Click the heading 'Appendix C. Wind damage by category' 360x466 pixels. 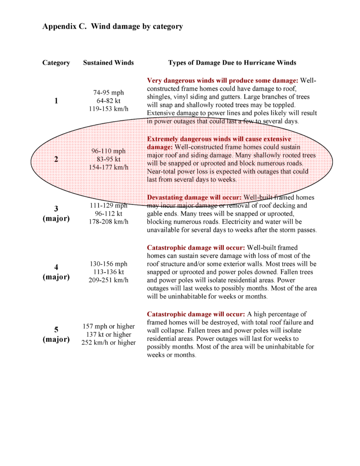click(112, 26)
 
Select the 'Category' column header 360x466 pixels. click(56, 63)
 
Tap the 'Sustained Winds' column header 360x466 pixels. click(108, 63)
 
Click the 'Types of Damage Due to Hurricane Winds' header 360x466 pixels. click(232, 63)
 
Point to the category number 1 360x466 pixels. click(56, 101)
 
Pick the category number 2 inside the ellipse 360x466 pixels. click(56, 159)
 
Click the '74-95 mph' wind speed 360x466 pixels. click(108, 92)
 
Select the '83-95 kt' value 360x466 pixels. click(108, 159)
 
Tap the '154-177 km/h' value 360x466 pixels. click(108, 167)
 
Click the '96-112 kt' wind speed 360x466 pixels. click(108, 213)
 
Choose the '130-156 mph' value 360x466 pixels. click(108, 263)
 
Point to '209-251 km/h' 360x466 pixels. click(108, 280)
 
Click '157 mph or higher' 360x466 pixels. click(108, 326)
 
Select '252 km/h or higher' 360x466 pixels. click(108, 343)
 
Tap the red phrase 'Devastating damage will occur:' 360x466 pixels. click(194, 198)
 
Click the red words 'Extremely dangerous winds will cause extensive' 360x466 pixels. click(219, 139)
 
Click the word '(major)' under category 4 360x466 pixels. click(56, 277)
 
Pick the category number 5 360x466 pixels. click(56, 330)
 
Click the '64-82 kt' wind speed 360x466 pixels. click(108, 101)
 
